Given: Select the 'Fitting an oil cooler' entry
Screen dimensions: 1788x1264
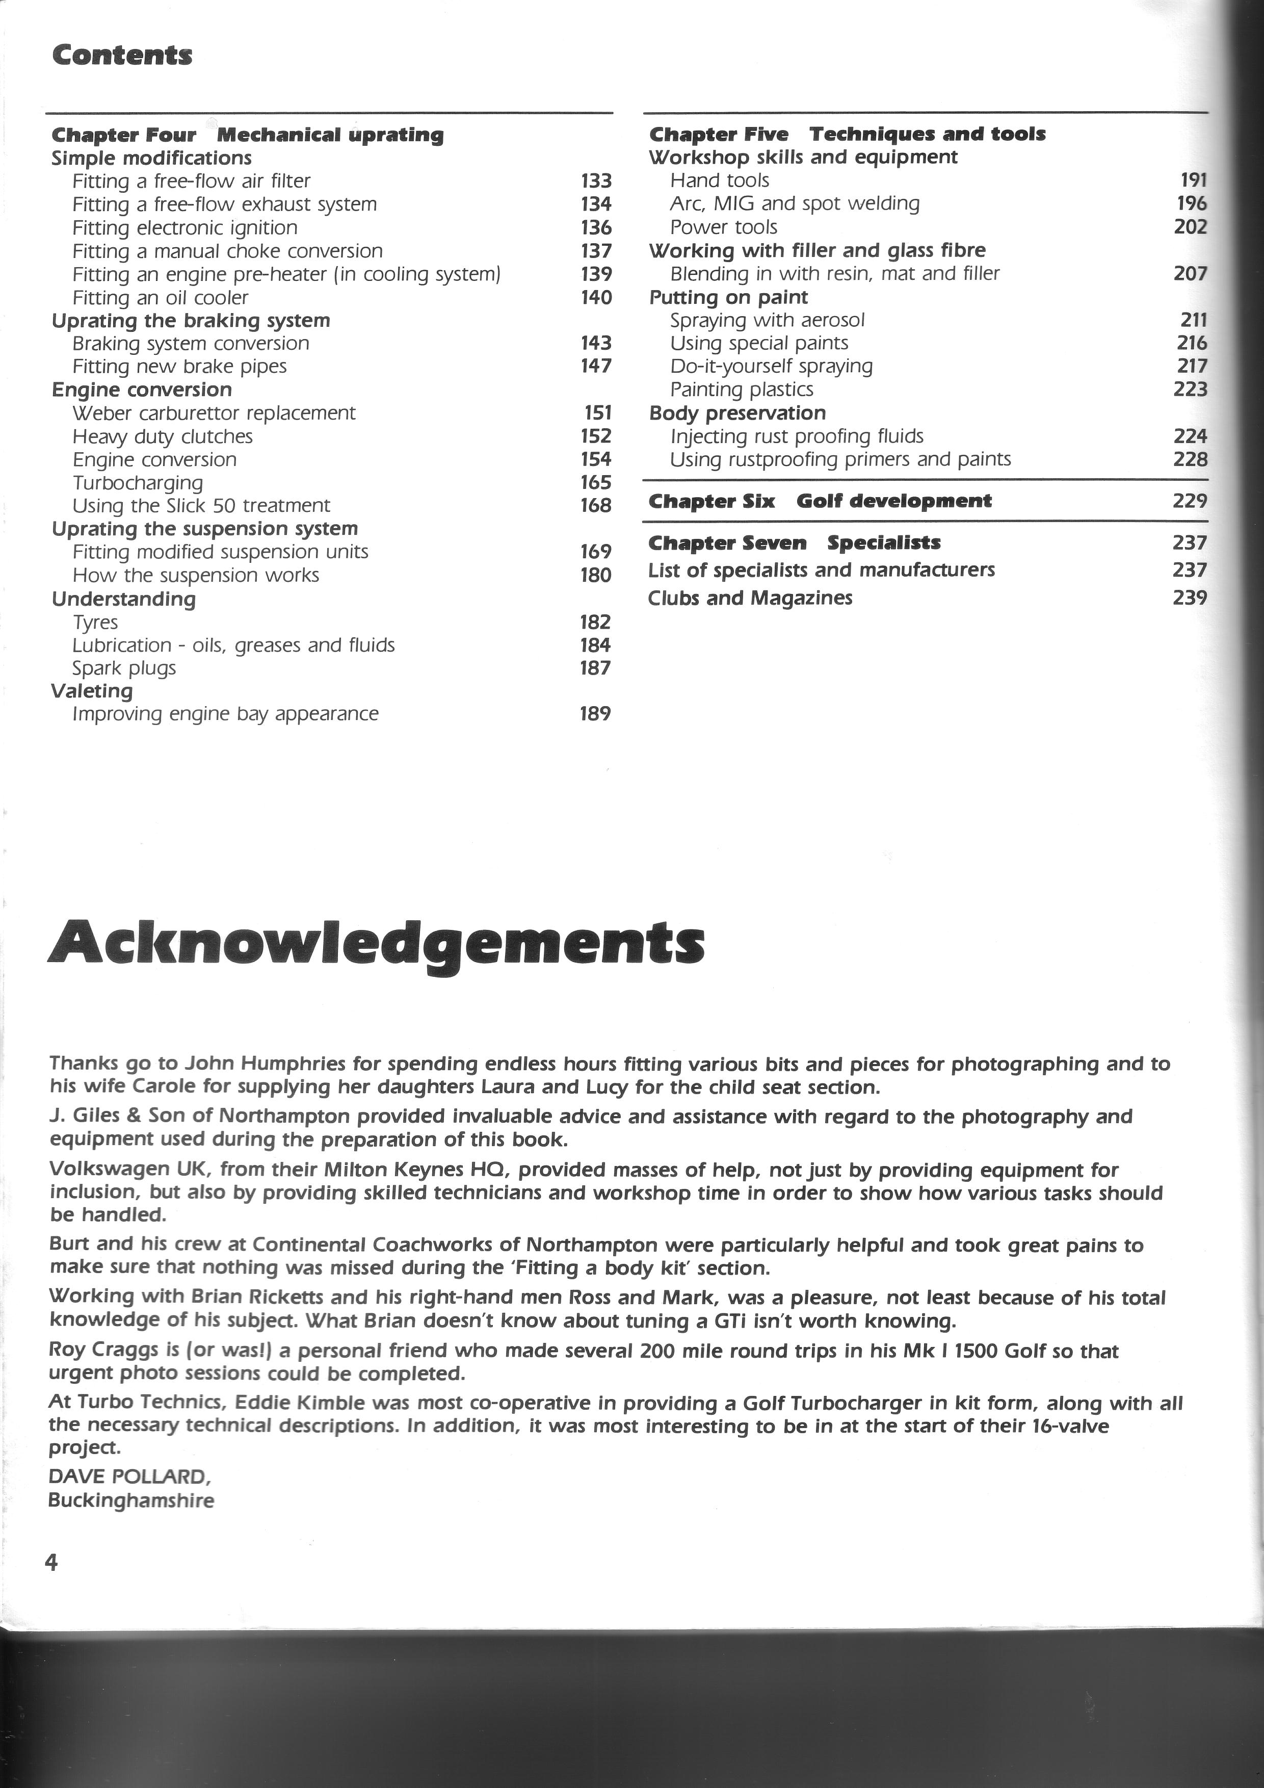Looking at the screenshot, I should point(161,297).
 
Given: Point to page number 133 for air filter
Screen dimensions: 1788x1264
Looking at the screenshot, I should point(596,180).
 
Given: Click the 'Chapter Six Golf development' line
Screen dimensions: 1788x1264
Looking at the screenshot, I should point(821,501).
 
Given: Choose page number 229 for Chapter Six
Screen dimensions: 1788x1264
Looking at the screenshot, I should point(1189,501).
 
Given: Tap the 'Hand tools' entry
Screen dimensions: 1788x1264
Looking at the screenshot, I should point(719,180).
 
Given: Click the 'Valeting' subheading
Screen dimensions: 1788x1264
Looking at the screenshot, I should point(92,691).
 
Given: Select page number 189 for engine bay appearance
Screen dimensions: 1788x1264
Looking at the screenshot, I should point(595,713).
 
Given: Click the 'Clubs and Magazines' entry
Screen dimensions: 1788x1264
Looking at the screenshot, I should point(750,598).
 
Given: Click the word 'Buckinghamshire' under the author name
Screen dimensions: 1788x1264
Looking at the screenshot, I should point(131,1500).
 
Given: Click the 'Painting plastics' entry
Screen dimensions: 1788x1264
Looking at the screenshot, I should point(742,390).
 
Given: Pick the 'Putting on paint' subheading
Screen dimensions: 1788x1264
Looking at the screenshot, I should point(728,297).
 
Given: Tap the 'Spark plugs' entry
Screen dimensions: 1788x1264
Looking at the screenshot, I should point(124,668).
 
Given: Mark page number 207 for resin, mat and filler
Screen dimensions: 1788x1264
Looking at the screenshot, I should point(1190,273).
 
